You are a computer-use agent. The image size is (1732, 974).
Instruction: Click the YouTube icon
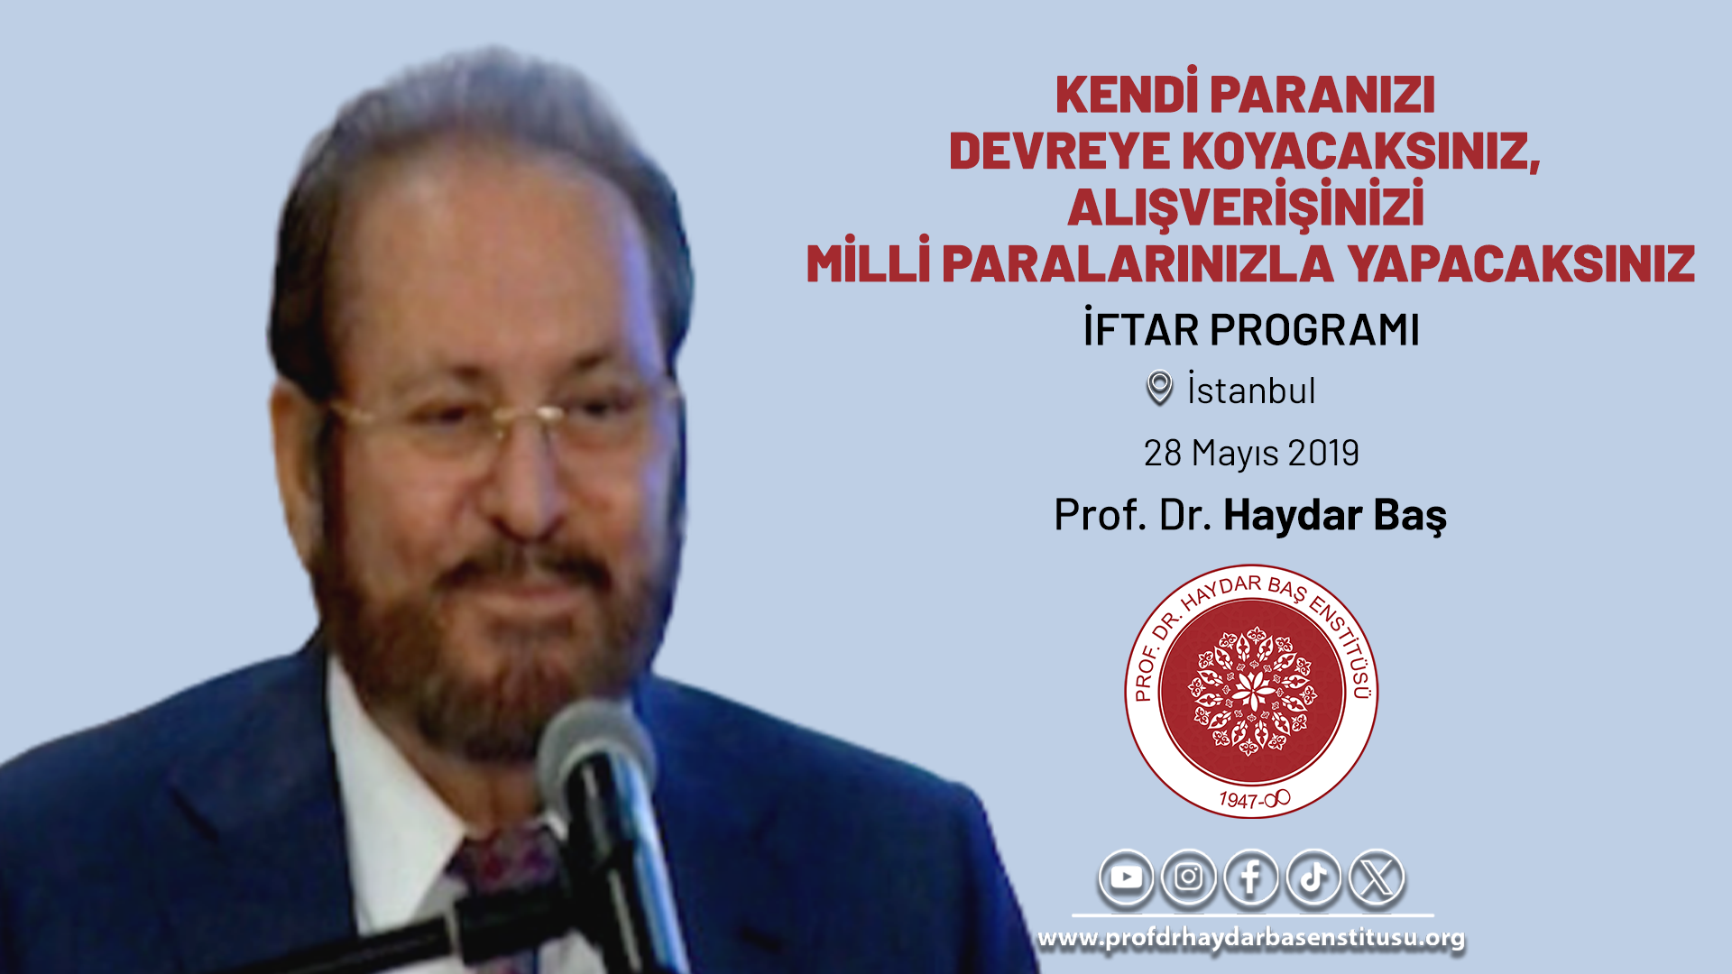point(1126,877)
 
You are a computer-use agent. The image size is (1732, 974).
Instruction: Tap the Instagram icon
point(1188,877)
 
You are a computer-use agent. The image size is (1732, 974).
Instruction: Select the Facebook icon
point(1250,877)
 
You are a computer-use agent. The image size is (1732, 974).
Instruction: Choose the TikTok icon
point(1313,877)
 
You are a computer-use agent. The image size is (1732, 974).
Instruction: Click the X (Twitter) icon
point(1377,877)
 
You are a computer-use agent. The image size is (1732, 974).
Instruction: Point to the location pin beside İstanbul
point(1159,388)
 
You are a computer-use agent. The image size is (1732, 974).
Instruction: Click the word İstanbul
point(1251,390)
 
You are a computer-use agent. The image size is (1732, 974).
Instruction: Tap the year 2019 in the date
point(1323,453)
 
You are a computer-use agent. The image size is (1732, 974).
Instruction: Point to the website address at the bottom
point(1251,938)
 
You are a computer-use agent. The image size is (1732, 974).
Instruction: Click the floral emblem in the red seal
point(1252,691)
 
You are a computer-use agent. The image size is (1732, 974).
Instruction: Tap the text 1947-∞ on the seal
point(1254,799)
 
